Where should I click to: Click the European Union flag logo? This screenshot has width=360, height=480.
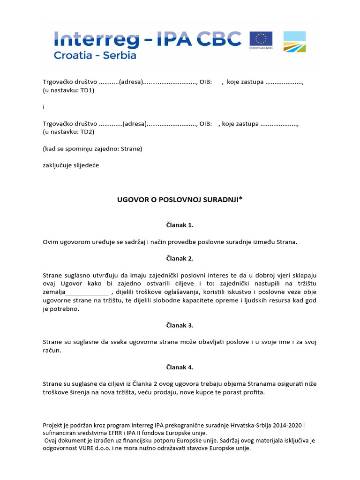[261, 41]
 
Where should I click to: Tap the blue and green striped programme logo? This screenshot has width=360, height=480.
[294, 41]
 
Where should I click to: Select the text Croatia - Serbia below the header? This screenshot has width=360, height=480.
[95, 55]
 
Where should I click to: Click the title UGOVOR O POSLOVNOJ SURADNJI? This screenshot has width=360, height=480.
[180, 200]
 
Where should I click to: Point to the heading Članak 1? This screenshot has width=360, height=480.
[180, 225]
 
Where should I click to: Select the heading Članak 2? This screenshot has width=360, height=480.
[180, 258]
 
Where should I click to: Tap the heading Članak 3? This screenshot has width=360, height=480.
[180, 325]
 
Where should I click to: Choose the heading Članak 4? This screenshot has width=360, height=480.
[180, 367]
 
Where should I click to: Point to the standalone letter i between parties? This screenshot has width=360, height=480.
[44, 107]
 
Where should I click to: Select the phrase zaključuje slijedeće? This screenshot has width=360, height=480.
[71, 165]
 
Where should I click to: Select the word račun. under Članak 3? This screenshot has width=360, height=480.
[52, 351]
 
